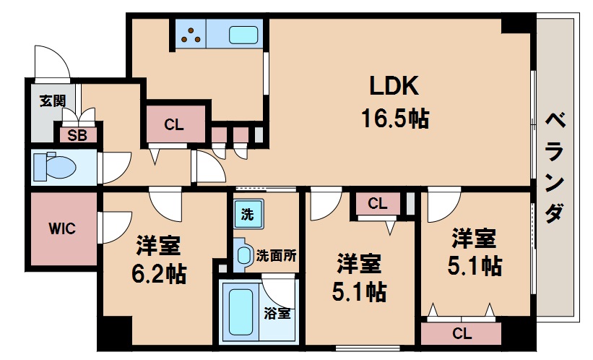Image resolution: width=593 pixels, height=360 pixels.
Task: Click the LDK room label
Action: (x=394, y=87)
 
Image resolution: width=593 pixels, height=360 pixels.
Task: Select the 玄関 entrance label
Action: (x=52, y=100)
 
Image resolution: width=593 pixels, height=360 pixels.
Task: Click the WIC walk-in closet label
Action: (x=62, y=228)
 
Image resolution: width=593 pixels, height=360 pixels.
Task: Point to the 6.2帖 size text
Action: (x=158, y=274)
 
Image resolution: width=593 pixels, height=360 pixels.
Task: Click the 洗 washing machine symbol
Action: (x=246, y=214)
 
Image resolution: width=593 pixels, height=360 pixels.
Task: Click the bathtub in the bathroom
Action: (x=240, y=312)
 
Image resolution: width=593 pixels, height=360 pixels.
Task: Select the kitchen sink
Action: (x=244, y=34)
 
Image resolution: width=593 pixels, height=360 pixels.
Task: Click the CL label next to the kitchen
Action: (x=173, y=124)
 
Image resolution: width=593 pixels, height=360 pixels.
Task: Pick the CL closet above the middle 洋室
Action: (x=377, y=204)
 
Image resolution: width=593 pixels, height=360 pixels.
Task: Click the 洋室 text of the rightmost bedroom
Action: (x=473, y=237)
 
